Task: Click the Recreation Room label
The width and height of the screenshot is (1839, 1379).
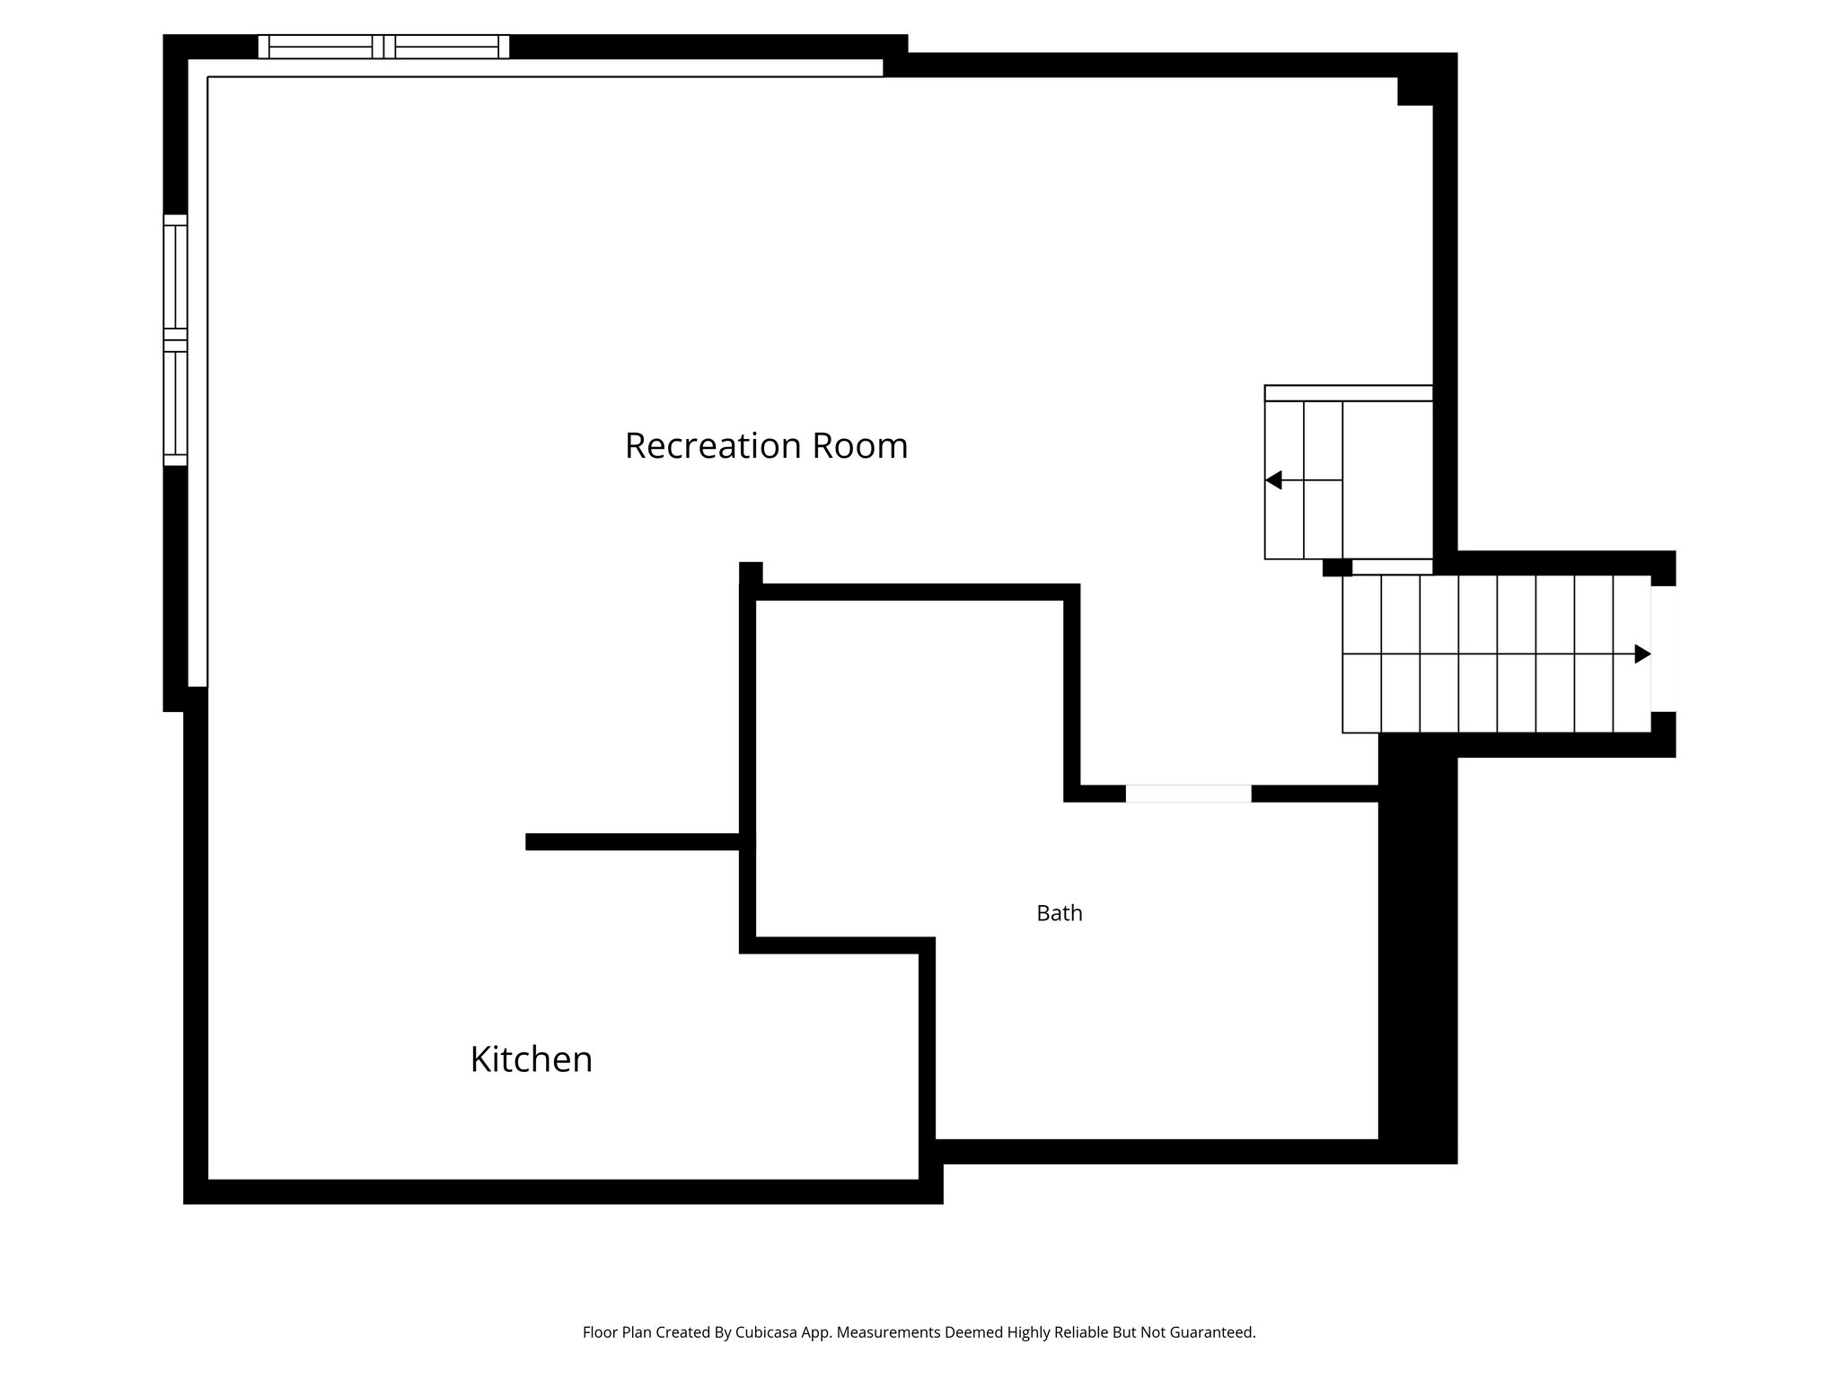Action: point(766,446)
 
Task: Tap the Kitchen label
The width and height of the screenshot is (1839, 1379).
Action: point(531,1059)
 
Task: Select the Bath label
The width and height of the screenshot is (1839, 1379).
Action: point(1060,913)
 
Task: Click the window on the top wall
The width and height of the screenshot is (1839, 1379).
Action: point(383,47)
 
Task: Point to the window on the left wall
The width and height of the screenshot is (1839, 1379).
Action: point(175,340)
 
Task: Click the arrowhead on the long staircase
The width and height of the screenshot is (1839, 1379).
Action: point(1641,654)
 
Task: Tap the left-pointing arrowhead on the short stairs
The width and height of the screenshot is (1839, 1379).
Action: point(1273,480)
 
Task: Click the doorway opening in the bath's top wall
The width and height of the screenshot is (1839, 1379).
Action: point(1188,794)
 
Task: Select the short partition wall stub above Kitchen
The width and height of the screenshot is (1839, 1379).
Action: point(632,842)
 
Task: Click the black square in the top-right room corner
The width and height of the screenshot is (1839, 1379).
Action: point(1414,92)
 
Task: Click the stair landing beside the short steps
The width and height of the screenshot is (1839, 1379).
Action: point(1387,480)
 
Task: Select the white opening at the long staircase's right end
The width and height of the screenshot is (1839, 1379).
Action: point(1663,648)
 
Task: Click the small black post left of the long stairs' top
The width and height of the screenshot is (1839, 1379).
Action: point(1337,567)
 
